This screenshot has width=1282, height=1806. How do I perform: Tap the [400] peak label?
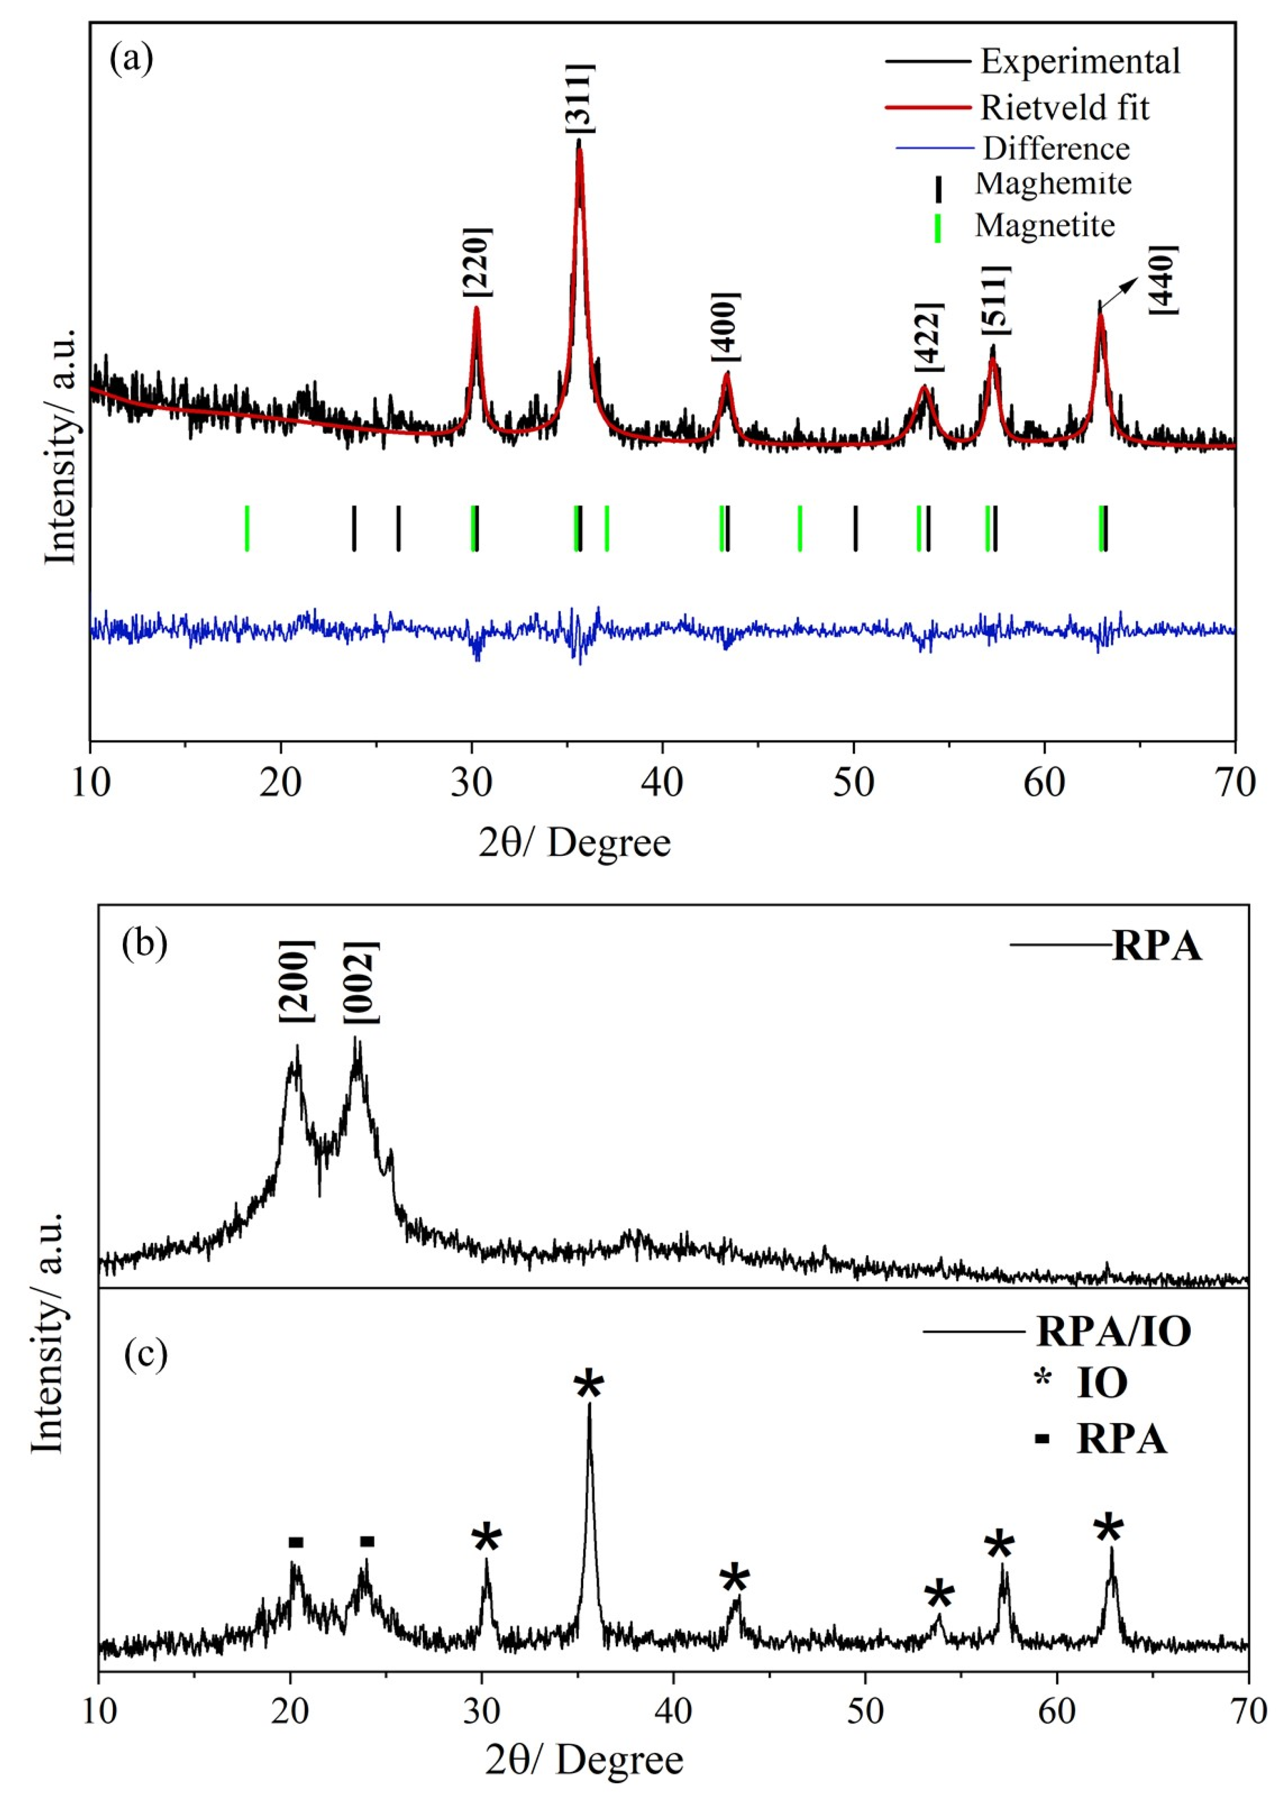[x=726, y=328]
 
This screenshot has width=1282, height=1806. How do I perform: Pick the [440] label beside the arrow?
[x=1164, y=280]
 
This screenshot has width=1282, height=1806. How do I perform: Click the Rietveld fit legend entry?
[x=1064, y=107]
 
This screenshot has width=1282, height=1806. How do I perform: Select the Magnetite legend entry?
[x=1044, y=226]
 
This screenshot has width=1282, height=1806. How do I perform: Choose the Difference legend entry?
[x=1056, y=148]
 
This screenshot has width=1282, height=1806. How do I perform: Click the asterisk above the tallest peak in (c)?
[x=589, y=1386]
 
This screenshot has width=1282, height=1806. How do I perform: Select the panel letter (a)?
[x=132, y=58]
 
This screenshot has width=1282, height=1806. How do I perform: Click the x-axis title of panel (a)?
[x=574, y=843]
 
